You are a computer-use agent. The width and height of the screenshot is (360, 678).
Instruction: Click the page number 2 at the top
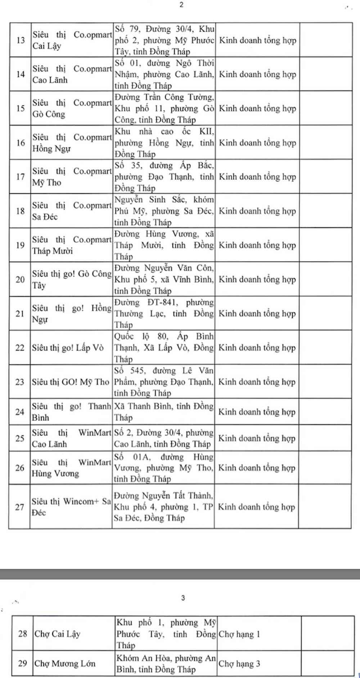[181, 5]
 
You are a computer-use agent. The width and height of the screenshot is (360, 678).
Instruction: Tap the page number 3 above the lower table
[183, 598]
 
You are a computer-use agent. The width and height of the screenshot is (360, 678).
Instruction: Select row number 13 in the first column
[20, 40]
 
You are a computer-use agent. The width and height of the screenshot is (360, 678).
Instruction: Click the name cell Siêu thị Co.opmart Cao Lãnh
[72, 74]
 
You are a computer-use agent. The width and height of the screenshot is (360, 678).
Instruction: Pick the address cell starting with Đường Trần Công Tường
[164, 108]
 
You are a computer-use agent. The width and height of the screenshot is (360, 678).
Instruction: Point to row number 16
[20, 143]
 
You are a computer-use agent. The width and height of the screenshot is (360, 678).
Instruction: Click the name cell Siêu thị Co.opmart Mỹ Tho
[72, 177]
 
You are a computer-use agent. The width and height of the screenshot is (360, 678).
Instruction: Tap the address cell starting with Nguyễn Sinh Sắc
[164, 211]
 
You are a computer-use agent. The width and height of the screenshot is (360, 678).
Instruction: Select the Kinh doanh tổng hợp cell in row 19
[257, 245]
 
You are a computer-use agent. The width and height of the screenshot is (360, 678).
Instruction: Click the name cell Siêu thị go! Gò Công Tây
[71, 280]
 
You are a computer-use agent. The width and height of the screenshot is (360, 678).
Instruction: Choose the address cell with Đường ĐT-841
[164, 313]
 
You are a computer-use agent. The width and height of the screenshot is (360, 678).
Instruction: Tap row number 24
[20, 412]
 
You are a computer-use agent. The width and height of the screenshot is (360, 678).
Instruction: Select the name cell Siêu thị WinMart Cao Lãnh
[71, 438]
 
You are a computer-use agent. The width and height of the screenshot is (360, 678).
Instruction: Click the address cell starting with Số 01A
[163, 468]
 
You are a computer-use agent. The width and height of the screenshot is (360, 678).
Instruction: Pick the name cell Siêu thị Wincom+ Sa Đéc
[71, 507]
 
